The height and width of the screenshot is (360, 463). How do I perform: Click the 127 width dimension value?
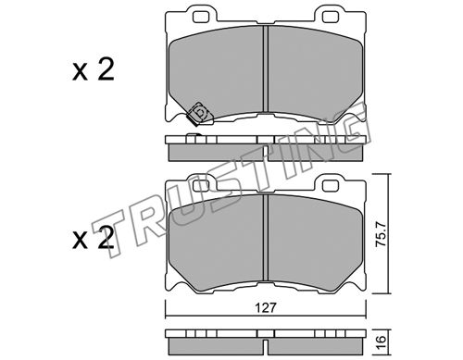click(266, 307)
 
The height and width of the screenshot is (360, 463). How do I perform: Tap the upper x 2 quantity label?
click(94, 69)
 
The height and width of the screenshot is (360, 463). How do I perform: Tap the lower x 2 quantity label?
click(94, 238)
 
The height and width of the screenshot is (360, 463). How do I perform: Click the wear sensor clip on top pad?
click(199, 114)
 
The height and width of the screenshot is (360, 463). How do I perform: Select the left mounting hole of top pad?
click(201, 18)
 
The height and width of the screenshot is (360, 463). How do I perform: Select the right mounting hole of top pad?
click(331, 18)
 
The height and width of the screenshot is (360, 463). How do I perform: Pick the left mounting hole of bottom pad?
click(201, 186)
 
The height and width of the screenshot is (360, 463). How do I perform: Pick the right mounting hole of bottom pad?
click(331, 186)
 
